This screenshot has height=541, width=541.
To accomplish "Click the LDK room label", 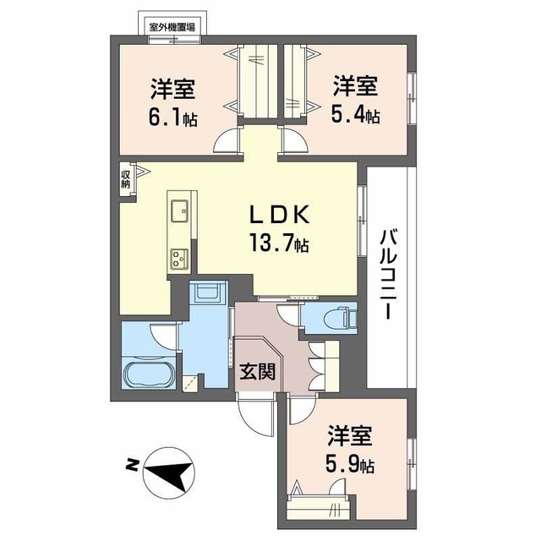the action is (x=279, y=216).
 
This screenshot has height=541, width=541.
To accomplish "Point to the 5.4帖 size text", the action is (x=356, y=116).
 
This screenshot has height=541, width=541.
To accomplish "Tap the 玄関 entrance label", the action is (x=258, y=372).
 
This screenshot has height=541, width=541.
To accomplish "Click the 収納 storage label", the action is (x=125, y=179).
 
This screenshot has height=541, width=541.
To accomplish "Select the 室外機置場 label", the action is (x=172, y=27).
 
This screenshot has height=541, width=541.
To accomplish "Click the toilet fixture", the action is (x=342, y=317).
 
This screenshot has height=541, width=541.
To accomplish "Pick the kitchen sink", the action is (x=179, y=210).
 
